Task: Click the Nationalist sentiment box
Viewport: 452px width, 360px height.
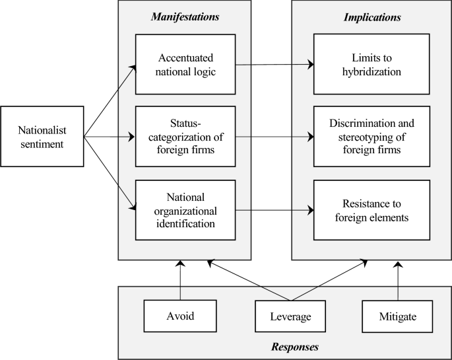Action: click(42, 136)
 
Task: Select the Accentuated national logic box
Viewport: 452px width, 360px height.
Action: click(185, 65)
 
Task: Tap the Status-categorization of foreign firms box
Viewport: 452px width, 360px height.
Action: click(185, 137)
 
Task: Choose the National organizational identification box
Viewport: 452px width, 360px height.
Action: click(185, 211)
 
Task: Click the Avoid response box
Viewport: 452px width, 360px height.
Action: click(179, 316)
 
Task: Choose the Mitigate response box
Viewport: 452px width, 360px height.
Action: click(398, 316)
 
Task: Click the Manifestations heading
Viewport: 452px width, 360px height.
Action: click(185, 16)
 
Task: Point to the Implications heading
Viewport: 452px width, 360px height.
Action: click(371, 16)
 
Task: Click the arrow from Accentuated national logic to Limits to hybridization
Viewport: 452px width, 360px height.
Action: click(274, 65)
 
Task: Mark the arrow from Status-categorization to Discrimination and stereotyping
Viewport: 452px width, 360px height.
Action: click(274, 137)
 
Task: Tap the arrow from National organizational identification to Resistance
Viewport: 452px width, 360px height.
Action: click(274, 211)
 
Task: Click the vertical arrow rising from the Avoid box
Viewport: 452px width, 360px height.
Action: click(179, 281)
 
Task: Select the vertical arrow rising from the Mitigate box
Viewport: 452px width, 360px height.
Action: click(398, 281)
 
